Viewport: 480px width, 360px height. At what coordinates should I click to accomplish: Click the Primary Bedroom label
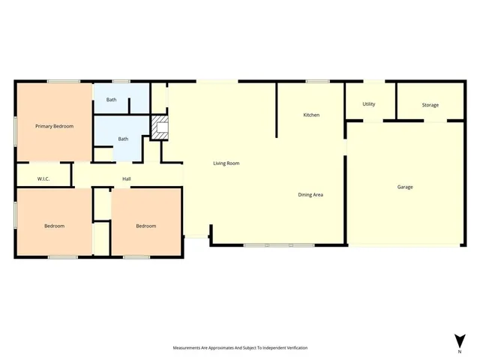[55, 126]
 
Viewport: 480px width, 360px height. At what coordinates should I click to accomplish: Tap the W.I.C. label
[43, 178]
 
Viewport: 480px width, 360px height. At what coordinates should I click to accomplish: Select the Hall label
[127, 178]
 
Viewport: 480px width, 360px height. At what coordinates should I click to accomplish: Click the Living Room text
[226, 163]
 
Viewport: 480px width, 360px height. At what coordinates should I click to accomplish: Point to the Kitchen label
[311, 115]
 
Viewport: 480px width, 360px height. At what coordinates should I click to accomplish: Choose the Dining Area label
[310, 195]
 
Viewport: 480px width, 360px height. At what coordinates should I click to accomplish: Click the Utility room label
[368, 104]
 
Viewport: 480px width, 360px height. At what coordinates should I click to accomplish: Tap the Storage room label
[430, 105]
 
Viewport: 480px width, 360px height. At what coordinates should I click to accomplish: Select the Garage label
[405, 187]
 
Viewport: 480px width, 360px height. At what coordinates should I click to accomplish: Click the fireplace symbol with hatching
[160, 127]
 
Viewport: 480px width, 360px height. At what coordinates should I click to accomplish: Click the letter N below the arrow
[459, 351]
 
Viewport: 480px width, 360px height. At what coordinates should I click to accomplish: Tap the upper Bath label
[111, 100]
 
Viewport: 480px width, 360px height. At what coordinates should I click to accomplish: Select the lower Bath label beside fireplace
[122, 139]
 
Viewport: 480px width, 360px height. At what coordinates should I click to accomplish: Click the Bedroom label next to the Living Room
[145, 226]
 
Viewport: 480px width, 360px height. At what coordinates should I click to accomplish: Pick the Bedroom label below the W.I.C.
[54, 226]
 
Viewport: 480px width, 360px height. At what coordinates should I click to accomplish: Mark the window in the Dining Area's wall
[279, 245]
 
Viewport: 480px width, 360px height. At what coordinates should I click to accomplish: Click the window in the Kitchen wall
[318, 81]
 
